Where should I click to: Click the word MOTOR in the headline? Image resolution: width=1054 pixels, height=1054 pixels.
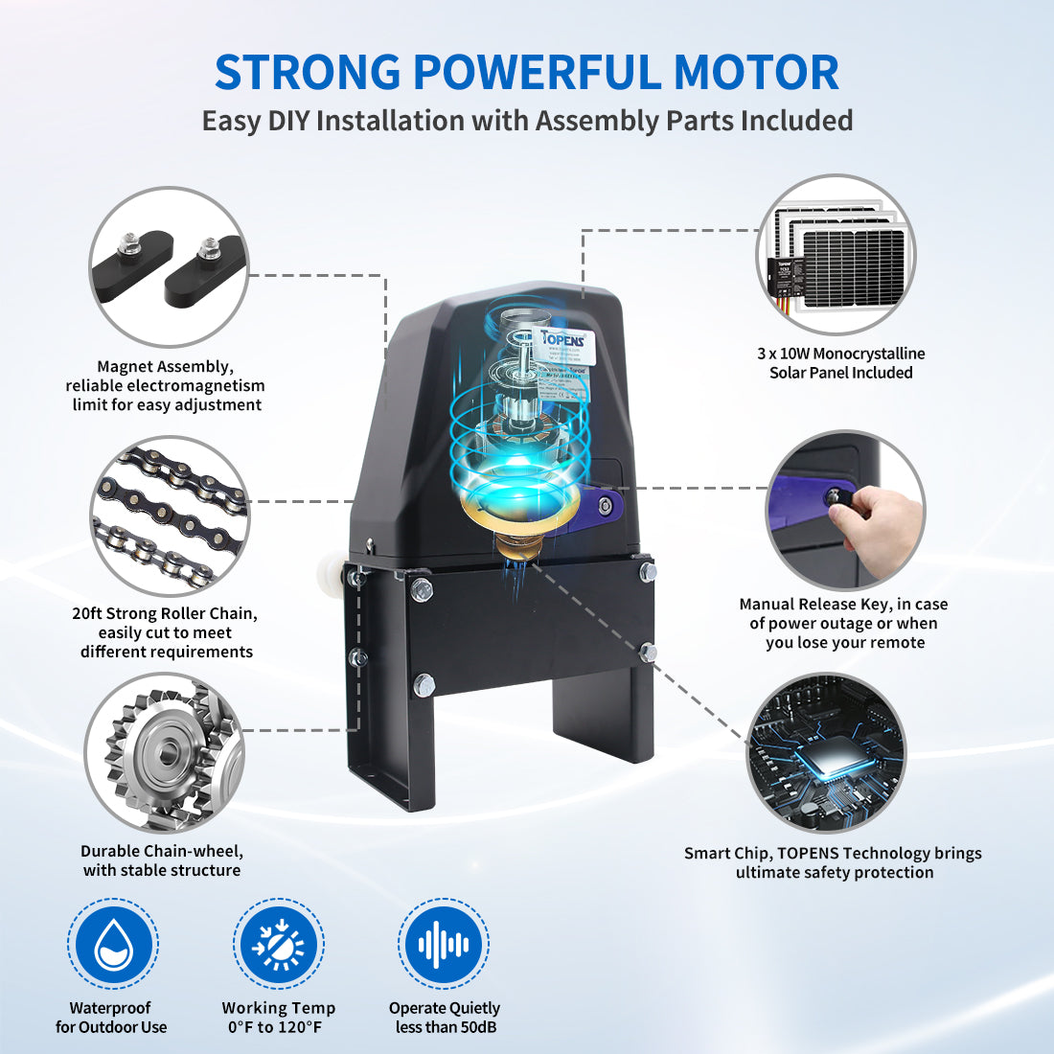(756, 73)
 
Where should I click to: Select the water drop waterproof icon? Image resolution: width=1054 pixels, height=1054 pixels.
(113, 944)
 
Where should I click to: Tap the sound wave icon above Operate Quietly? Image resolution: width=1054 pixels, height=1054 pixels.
(444, 945)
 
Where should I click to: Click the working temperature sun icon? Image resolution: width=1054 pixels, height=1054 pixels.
(279, 945)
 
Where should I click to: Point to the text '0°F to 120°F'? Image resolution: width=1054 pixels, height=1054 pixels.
(275, 1027)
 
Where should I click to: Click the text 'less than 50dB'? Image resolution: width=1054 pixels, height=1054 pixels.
(446, 1027)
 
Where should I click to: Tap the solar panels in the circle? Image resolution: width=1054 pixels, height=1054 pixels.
(837, 254)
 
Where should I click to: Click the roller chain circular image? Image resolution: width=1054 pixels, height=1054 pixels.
(170, 516)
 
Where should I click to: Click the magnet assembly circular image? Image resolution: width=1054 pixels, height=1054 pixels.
(169, 266)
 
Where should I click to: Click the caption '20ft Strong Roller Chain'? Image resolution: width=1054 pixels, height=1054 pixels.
(165, 613)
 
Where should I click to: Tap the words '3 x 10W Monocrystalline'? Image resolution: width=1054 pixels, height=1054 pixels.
(840, 354)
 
